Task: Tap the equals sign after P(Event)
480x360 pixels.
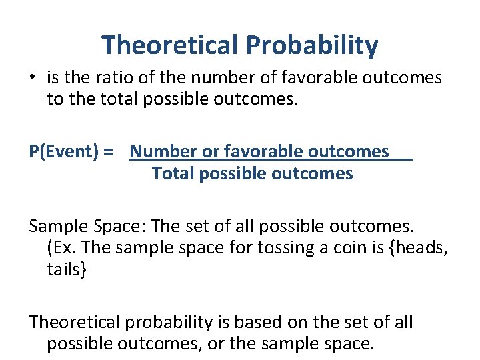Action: click(109, 152)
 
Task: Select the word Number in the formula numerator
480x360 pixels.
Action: click(163, 152)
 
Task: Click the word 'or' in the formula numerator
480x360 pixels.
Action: click(211, 152)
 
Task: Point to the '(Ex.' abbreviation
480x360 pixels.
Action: click(61, 248)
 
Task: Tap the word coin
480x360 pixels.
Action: click(324, 248)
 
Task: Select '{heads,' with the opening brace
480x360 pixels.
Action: click(415, 248)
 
